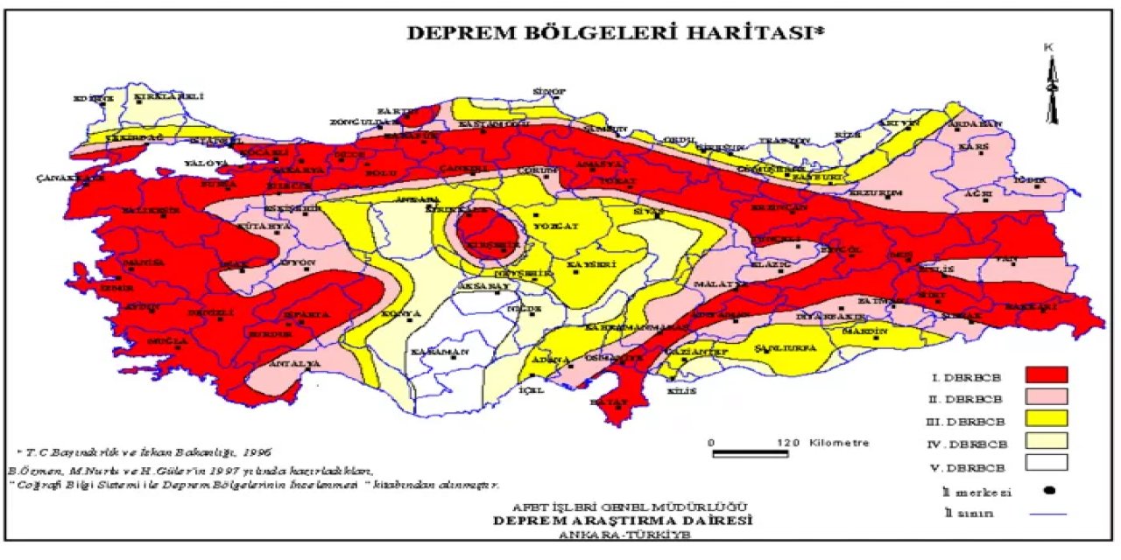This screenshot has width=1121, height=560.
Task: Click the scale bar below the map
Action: (x=753, y=453)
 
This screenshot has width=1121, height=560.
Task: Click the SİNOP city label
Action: (x=552, y=91)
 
